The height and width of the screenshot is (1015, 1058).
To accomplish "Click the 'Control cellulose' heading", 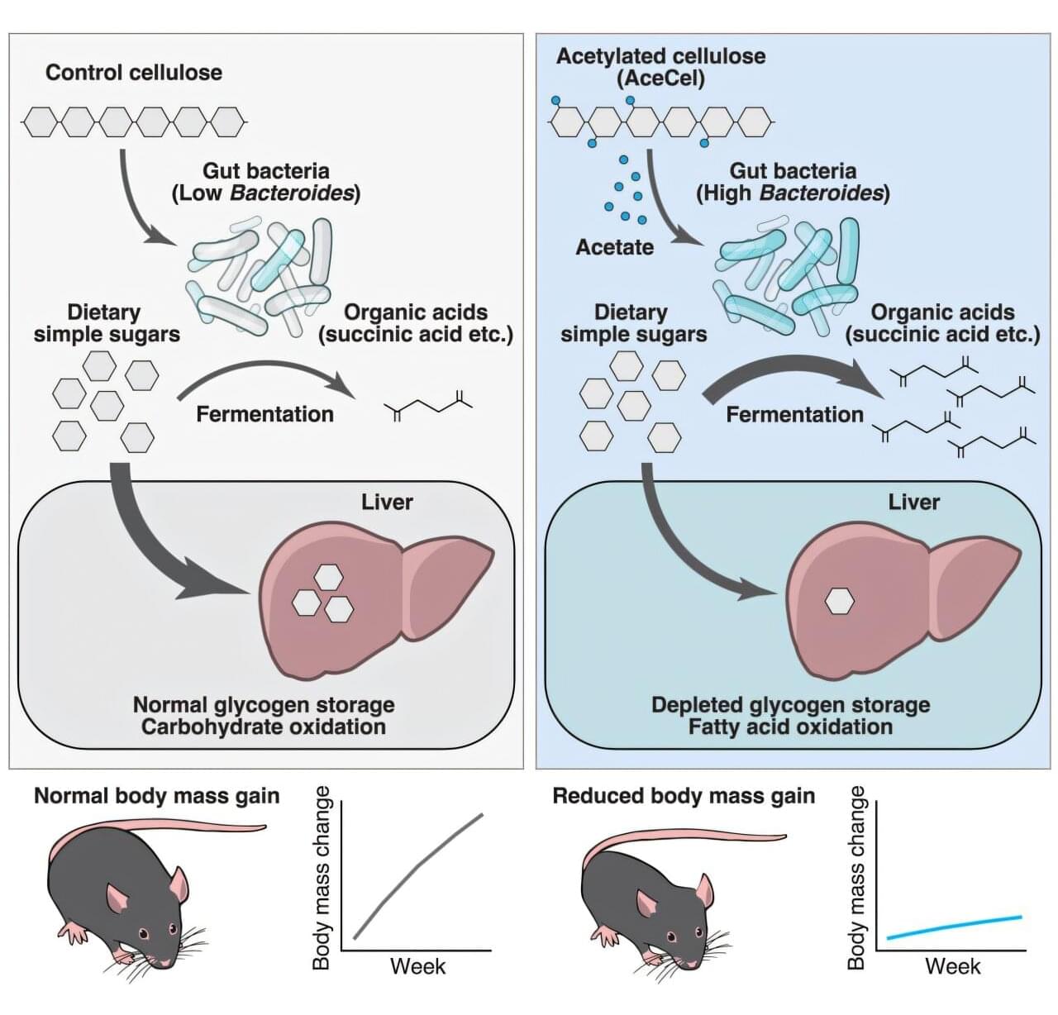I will pos(133,73).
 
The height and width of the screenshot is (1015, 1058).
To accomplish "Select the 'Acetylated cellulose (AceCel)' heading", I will pos(660,67).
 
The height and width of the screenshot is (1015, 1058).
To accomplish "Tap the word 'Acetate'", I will pos(614,247).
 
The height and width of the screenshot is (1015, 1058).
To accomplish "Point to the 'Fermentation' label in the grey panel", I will pos(264,414).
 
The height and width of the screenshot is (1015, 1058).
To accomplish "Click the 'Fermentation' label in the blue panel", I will pos(794,414).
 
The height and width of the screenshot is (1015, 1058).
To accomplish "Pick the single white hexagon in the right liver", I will pos(839,602).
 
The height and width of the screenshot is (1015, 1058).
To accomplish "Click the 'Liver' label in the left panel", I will pos(387,503).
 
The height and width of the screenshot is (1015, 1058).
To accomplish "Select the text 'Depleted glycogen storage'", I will pos(790,705).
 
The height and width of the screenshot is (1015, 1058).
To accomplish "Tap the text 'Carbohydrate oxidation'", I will pos(263,727).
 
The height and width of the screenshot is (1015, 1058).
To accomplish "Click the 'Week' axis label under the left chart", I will pos(417,966).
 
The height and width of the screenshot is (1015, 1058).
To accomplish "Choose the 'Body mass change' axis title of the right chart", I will pos(857,878).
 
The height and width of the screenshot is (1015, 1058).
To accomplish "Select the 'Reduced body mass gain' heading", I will pos(684,796).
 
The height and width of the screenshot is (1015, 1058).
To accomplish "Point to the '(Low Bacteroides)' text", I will pos(265,193).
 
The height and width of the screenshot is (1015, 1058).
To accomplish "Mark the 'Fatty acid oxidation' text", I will pos(790,727).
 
